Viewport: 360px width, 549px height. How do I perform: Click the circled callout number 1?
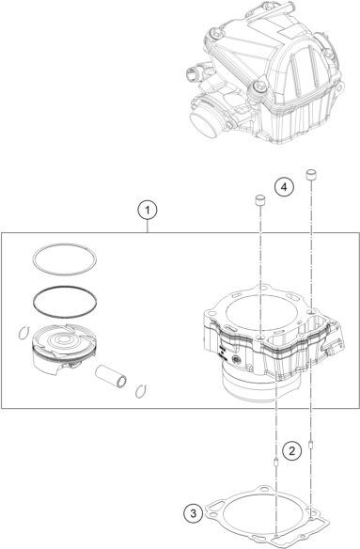tap(148, 210)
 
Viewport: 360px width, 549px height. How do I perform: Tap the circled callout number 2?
tap(291, 450)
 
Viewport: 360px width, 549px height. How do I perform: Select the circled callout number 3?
tap(194, 514)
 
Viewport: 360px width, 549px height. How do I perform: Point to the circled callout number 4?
tap(284, 187)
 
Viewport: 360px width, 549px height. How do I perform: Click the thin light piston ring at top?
tap(65, 244)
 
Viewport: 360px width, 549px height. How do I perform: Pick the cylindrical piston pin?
tap(111, 376)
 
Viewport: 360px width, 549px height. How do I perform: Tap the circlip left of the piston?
tap(23, 333)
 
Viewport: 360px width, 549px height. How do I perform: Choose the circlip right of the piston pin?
tap(141, 391)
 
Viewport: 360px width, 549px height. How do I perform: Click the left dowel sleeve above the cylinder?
tap(259, 201)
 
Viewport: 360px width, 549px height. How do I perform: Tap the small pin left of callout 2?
tap(275, 463)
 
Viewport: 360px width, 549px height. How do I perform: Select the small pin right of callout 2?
tap(310, 445)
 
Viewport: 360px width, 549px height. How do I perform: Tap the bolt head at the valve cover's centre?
tap(258, 86)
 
